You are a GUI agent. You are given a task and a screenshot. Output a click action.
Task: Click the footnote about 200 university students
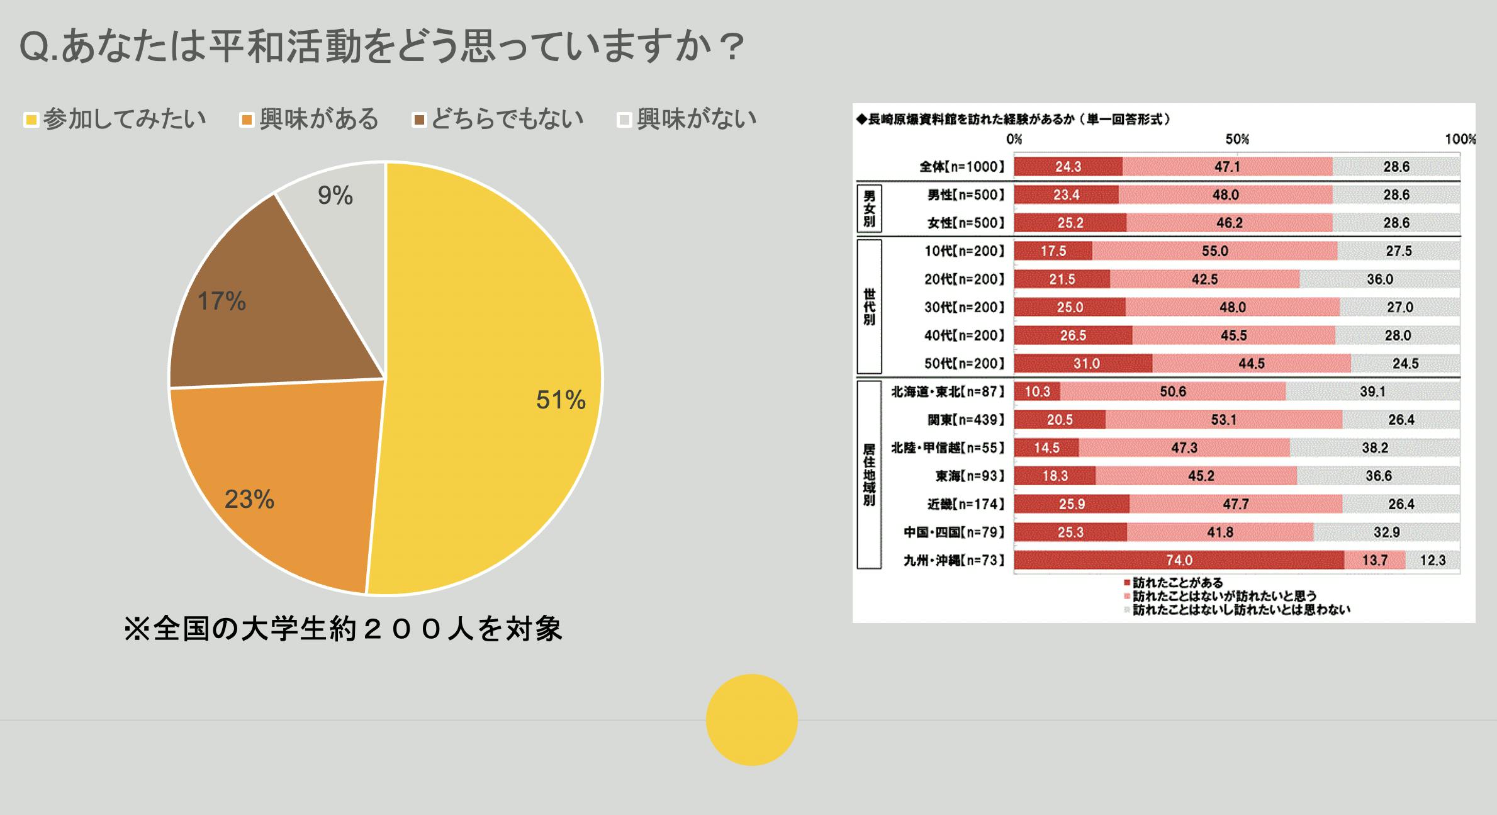[343, 629]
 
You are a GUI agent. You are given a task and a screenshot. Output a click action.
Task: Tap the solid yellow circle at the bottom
[751, 719]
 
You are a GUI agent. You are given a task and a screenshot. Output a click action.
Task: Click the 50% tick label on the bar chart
[1236, 139]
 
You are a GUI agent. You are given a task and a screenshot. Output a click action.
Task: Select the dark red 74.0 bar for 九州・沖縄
[1179, 560]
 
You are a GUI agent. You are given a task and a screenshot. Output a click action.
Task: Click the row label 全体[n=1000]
[962, 167]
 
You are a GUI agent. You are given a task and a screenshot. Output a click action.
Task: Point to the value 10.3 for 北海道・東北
[1037, 391]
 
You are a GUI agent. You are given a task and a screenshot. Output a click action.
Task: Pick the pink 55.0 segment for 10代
[1214, 251]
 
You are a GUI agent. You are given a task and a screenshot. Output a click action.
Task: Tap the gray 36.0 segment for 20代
[1379, 279]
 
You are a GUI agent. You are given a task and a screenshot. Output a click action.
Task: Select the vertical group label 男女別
[869, 208]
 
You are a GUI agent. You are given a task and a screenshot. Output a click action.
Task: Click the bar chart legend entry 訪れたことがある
[1177, 583]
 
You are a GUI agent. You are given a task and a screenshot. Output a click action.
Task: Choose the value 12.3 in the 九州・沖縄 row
[1433, 560]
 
